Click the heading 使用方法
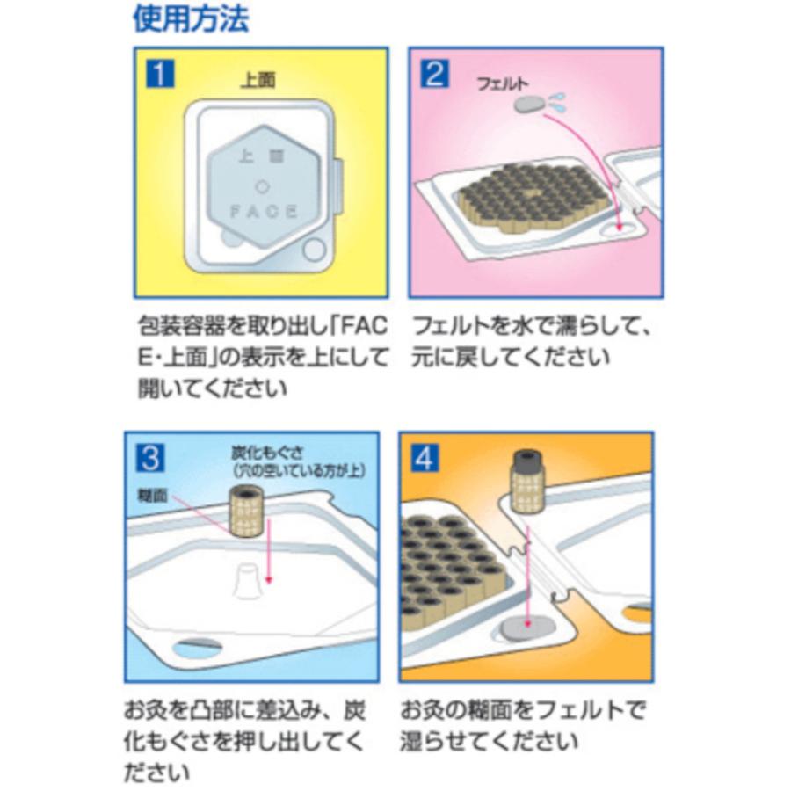pyautogui.click(x=191, y=18)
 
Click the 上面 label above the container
pyautogui.click(x=258, y=81)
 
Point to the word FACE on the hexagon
pyautogui.click(x=263, y=212)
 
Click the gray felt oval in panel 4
pyautogui.click(x=525, y=630)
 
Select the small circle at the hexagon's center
pyautogui.click(x=261, y=185)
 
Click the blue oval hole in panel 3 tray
pyautogui.click(x=198, y=649)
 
